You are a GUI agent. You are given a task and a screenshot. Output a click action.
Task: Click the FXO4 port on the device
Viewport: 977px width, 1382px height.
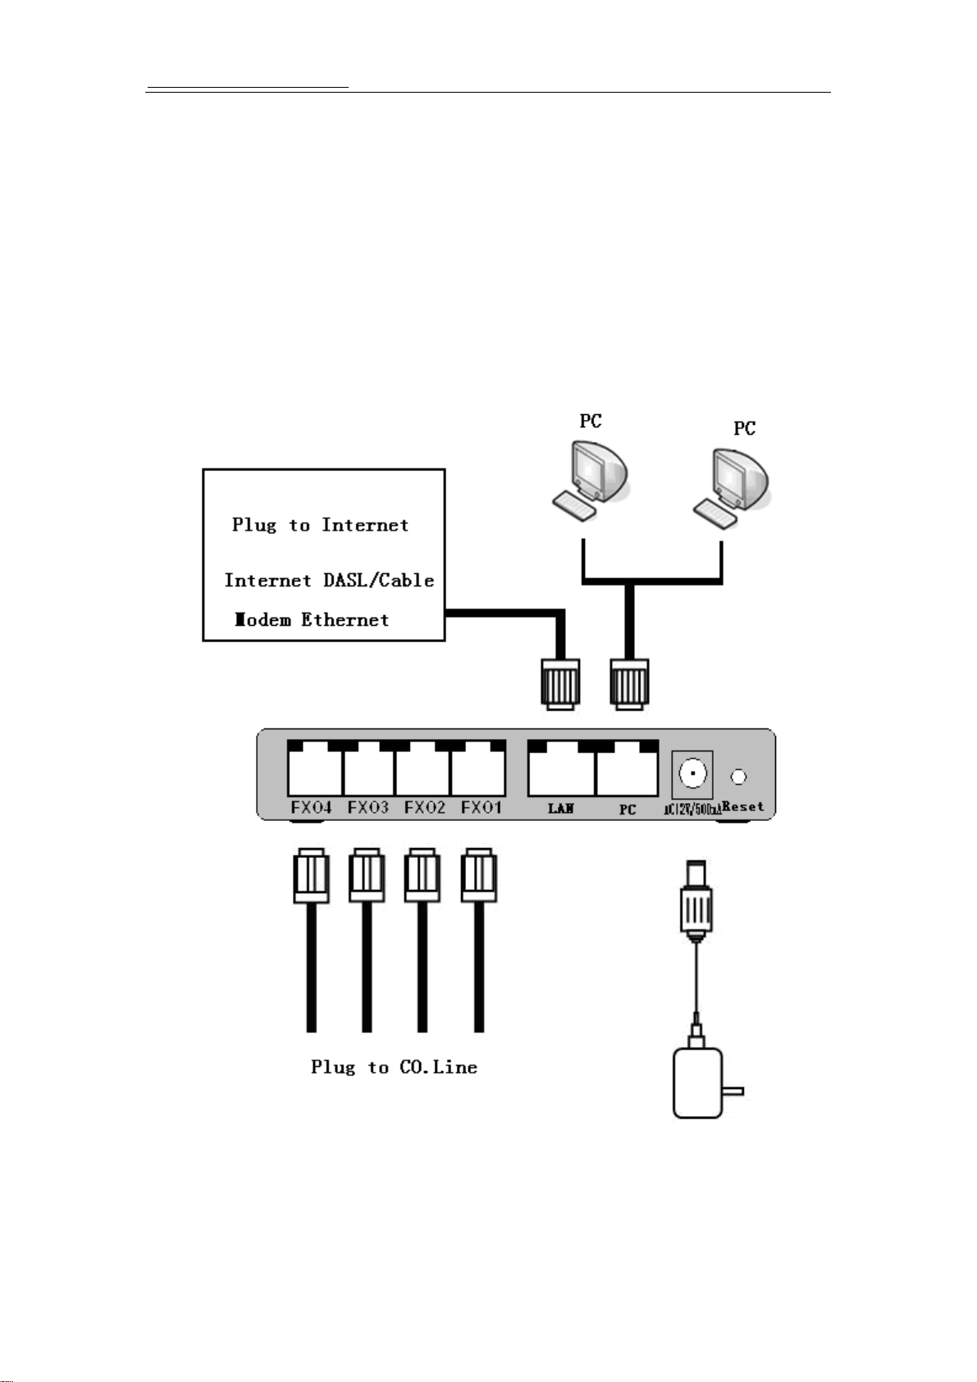coord(314,769)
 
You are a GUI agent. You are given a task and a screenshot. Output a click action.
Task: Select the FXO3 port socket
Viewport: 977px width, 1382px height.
coord(368,769)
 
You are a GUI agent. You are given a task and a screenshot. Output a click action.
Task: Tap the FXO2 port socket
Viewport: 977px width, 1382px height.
coord(422,769)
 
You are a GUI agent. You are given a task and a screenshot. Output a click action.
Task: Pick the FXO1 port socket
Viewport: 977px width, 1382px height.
coord(477,769)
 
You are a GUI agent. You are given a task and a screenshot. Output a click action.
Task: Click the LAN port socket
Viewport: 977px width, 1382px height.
coord(561,769)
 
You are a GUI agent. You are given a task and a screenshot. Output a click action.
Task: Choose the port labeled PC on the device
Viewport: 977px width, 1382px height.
coord(627,769)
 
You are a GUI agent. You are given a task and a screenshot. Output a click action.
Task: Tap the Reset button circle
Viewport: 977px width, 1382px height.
coord(739,776)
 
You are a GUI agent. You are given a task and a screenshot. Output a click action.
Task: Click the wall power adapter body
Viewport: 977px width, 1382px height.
coord(697,1083)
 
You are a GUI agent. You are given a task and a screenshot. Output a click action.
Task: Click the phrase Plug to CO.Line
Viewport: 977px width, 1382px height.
coord(394,1067)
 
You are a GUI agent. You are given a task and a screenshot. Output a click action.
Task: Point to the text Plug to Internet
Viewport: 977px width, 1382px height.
coord(320,525)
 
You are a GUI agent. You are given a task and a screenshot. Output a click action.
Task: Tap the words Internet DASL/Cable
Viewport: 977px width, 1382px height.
coord(329,581)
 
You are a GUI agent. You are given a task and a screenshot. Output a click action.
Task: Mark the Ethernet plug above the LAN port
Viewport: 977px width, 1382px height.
coord(560,682)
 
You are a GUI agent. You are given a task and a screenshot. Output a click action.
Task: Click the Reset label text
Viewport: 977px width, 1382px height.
coord(744,806)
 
